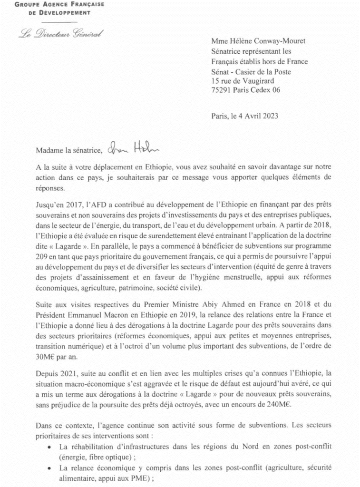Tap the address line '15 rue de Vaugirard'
click(x=243, y=81)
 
